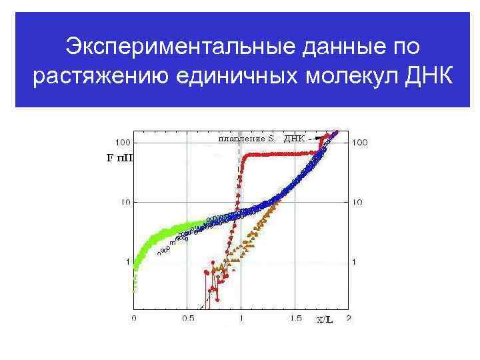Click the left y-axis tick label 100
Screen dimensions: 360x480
pyautogui.click(x=122, y=142)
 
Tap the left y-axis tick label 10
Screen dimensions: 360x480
pyautogui.click(x=124, y=201)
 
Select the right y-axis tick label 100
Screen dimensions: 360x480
pyautogui.click(x=359, y=142)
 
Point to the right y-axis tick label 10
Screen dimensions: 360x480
pyautogui.click(x=357, y=201)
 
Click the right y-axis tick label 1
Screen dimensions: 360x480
pyautogui.click(x=354, y=261)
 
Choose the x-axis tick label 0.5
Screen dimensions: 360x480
pyautogui.click(x=188, y=319)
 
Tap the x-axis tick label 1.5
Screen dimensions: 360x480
pyautogui.click(x=295, y=319)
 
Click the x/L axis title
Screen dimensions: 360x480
pyautogui.click(x=325, y=320)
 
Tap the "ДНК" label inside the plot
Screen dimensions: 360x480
pyautogui.click(x=294, y=139)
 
